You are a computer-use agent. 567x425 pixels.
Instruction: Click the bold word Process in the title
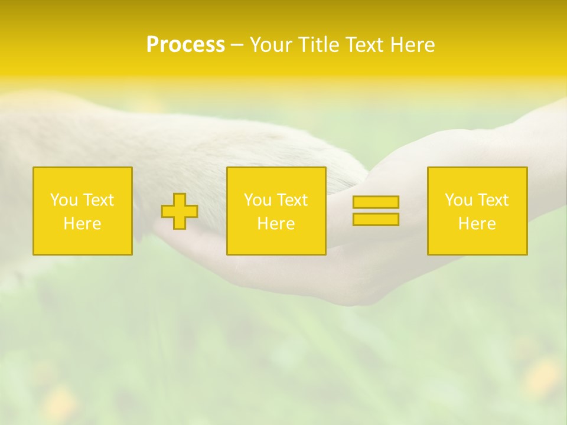click(x=185, y=45)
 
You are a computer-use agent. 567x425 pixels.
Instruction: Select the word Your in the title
click(x=268, y=45)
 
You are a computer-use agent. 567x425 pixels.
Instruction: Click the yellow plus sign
click(x=180, y=211)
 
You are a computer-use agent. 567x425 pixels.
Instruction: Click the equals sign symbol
click(x=376, y=211)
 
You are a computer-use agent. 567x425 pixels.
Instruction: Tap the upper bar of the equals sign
click(x=376, y=202)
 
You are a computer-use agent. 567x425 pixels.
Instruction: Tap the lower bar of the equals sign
click(x=376, y=220)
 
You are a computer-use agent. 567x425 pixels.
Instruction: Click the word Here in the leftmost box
click(x=83, y=224)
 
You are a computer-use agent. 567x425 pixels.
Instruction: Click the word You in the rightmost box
click(x=458, y=200)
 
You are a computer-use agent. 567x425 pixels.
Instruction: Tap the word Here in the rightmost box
click(x=477, y=224)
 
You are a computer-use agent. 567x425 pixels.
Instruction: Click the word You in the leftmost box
click(x=64, y=200)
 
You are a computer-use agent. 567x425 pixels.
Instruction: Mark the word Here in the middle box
click(x=276, y=224)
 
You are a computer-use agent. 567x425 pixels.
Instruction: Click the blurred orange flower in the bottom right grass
click(x=542, y=378)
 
